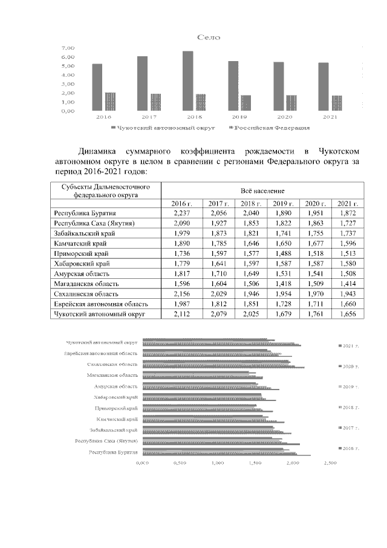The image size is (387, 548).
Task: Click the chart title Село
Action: [x=209, y=38]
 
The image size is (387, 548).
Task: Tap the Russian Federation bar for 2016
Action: [x=110, y=102]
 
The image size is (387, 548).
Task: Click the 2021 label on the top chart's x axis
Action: [x=330, y=117]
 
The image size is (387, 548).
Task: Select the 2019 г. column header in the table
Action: [x=282, y=203]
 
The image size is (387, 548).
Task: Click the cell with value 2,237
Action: [x=181, y=214]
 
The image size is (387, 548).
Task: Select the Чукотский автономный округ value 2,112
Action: [x=181, y=315]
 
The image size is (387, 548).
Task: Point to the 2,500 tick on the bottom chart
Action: [x=330, y=463]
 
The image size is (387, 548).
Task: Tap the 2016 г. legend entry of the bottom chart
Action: [x=351, y=448]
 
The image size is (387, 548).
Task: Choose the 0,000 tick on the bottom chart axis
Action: [x=142, y=463]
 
